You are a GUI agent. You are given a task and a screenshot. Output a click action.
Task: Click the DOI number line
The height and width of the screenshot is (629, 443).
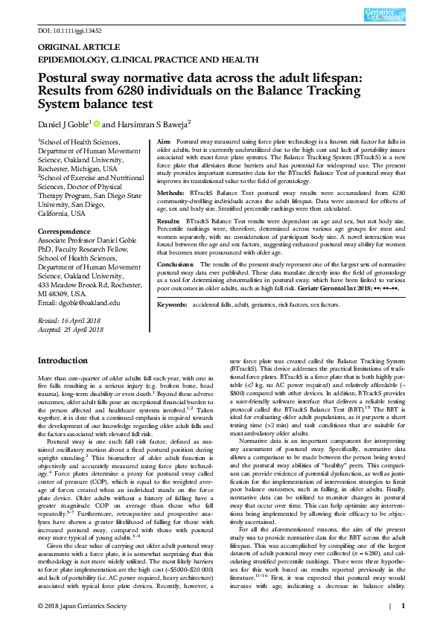click(x=68, y=31)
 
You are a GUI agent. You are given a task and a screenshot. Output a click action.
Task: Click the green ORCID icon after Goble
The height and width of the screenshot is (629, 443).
click(x=97, y=123)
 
